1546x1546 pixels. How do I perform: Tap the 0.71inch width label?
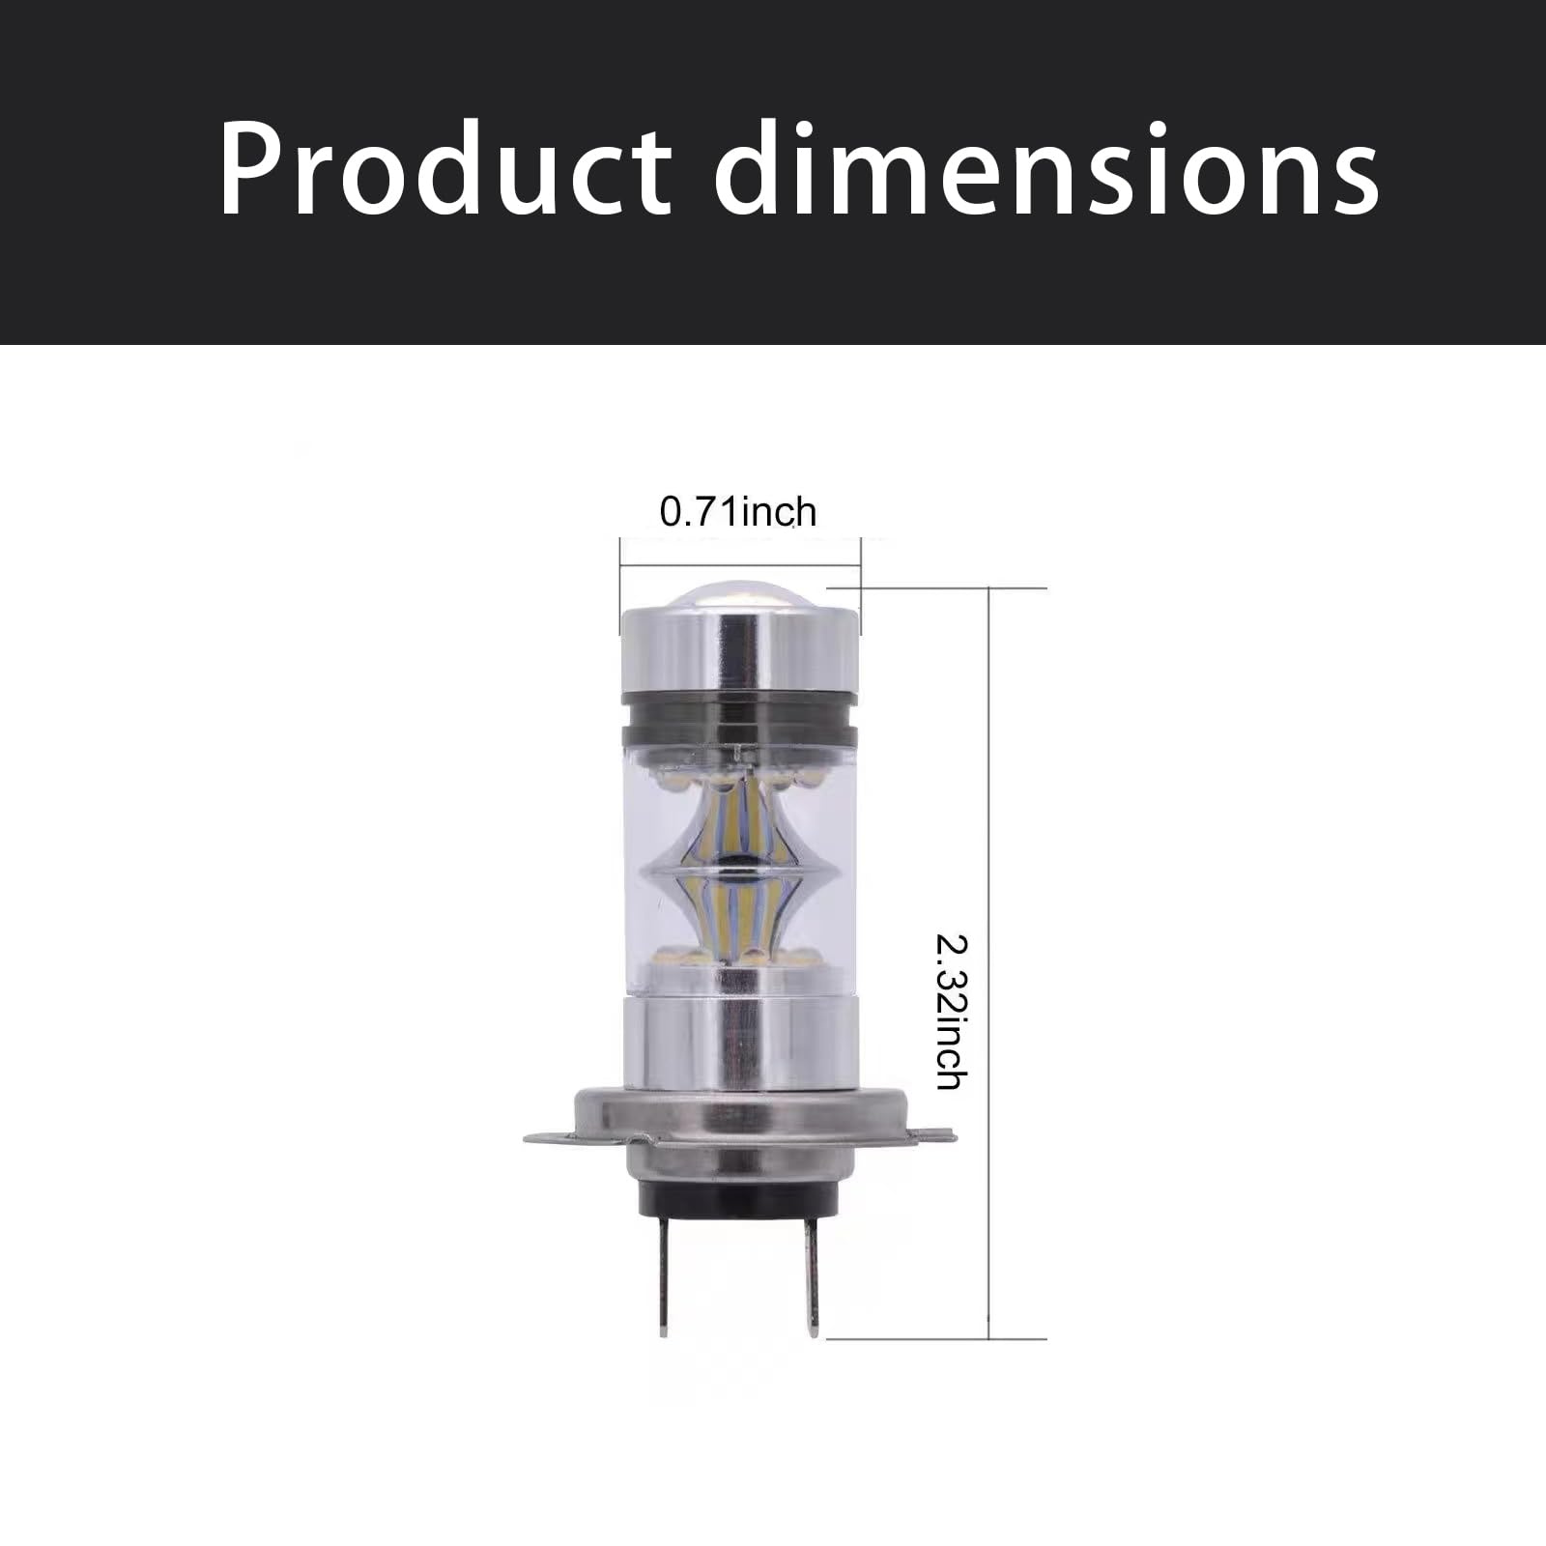point(737,512)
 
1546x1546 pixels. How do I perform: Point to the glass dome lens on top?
point(740,601)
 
